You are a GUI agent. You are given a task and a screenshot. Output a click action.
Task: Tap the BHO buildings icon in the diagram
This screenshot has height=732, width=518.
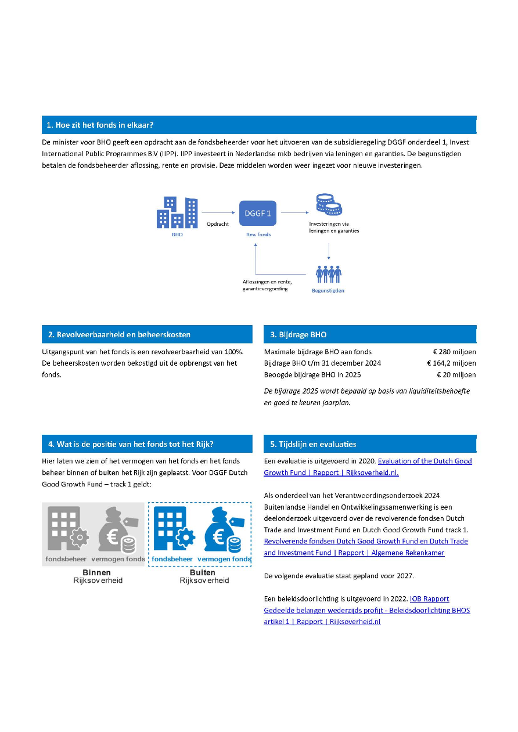coord(177,212)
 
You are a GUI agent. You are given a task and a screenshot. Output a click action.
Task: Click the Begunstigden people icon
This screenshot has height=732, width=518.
coord(328,274)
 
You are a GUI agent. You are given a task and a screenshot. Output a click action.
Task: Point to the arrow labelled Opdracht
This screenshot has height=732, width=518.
coord(218,213)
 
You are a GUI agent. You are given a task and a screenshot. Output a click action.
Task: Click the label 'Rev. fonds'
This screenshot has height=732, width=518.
coord(258,235)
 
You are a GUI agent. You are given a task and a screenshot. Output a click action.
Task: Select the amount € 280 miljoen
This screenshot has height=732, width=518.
coord(454,352)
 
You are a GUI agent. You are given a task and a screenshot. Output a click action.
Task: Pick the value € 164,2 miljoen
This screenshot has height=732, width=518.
coord(451,363)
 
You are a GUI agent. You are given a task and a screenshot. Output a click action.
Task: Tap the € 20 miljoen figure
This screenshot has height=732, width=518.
coord(457,374)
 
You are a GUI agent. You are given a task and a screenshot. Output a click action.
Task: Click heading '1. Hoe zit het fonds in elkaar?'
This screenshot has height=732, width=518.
coord(100,125)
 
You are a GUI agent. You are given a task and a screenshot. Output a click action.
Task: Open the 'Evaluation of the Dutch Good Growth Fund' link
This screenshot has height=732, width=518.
coord(425,461)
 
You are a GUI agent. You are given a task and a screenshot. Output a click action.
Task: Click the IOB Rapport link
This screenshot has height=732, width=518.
coord(429,598)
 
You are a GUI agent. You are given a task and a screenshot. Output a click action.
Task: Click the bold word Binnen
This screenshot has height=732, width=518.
coord(96,572)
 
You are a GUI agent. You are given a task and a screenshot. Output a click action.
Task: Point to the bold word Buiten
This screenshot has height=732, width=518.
coord(203,572)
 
